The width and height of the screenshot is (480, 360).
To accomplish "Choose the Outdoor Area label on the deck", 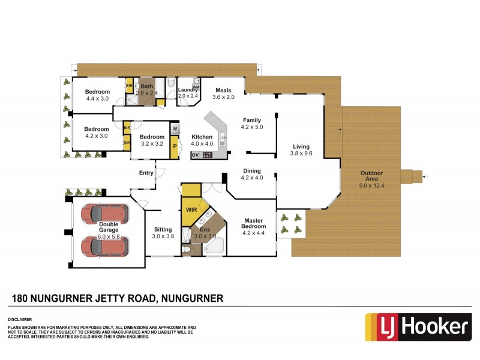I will pyautogui.click(x=372, y=174).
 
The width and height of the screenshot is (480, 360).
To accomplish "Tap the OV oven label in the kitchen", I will pyautogui.click(x=194, y=155).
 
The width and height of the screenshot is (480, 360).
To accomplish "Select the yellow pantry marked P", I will pyautogui.click(x=174, y=146).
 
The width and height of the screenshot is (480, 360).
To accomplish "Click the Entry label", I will pyautogui.click(x=146, y=173).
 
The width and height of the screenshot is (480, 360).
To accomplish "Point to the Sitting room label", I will pyautogui.click(x=163, y=229).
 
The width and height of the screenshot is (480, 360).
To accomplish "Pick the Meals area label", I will pyautogui.click(x=223, y=91).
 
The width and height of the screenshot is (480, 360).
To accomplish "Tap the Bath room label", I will pyautogui.click(x=147, y=86).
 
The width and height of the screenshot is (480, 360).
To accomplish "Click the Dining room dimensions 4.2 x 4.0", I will pyautogui.click(x=252, y=178).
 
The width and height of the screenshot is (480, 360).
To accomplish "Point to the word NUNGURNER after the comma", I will pyautogui.click(x=190, y=298).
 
